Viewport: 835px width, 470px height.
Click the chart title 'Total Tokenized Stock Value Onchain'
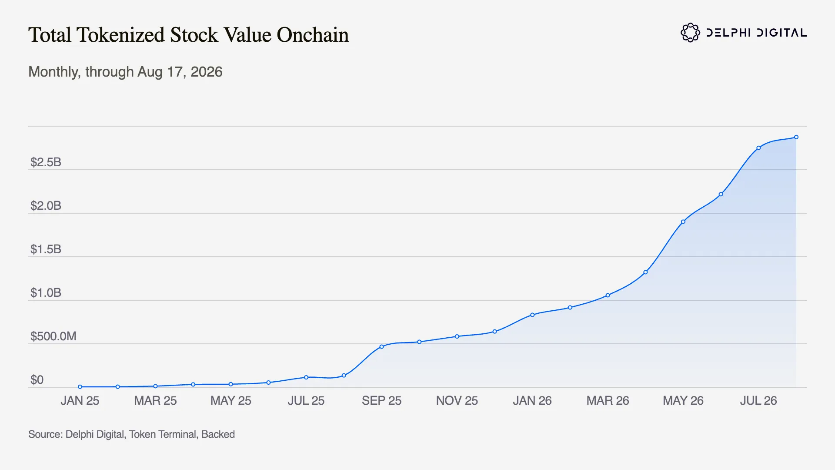[x=188, y=35]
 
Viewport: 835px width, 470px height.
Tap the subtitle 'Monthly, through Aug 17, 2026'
[x=125, y=72]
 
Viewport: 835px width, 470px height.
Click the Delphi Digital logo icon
[x=690, y=33]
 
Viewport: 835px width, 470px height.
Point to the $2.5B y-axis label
[x=46, y=162]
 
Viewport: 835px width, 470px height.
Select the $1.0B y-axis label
[x=46, y=293]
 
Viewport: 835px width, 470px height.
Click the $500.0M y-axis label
[x=53, y=336]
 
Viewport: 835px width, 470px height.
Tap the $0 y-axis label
[x=37, y=380]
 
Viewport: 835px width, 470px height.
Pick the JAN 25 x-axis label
[x=80, y=401]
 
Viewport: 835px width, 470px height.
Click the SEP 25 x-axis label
[x=381, y=401]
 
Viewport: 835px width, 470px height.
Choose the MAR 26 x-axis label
[x=608, y=401]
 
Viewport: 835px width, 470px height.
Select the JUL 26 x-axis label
[x=758, y=401]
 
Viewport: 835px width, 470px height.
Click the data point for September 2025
[x=381, y=347]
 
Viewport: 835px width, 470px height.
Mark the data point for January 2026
[x=532, y=315]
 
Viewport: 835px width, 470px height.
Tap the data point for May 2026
[x=683, y=222]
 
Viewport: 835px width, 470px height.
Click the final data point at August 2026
[x=796, y=137]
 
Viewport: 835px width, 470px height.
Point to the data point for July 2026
[x=758, y=148]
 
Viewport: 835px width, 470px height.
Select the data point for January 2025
[x=80, y=386]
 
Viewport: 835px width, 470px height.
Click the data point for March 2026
[x=608, y=295]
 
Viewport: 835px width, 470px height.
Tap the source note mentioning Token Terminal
[x=131, y=434]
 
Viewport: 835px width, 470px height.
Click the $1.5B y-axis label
[x=46, y=249]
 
